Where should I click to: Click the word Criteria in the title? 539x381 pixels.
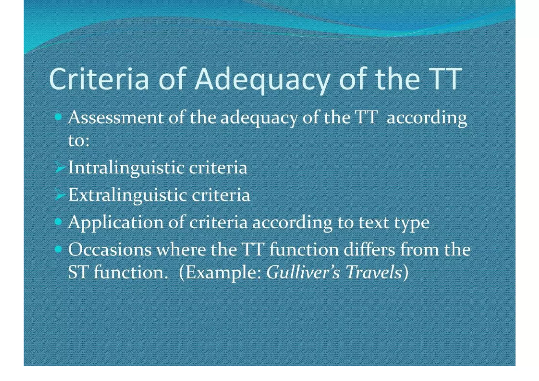[99, 79]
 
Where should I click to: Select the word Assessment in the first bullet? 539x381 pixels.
[116, 118]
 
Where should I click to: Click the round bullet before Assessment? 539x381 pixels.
[58, 117]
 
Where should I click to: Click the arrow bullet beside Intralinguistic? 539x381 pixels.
[60, 167]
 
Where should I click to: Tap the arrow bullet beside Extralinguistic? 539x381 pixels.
[60, 195]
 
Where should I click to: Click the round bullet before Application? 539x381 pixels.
[58, 222]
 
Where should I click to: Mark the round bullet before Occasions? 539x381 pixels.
[58, 249]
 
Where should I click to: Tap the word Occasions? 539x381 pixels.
[110, 249]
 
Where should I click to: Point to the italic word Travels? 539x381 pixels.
[374, 272]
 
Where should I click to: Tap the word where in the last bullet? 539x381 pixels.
[181, 249]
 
